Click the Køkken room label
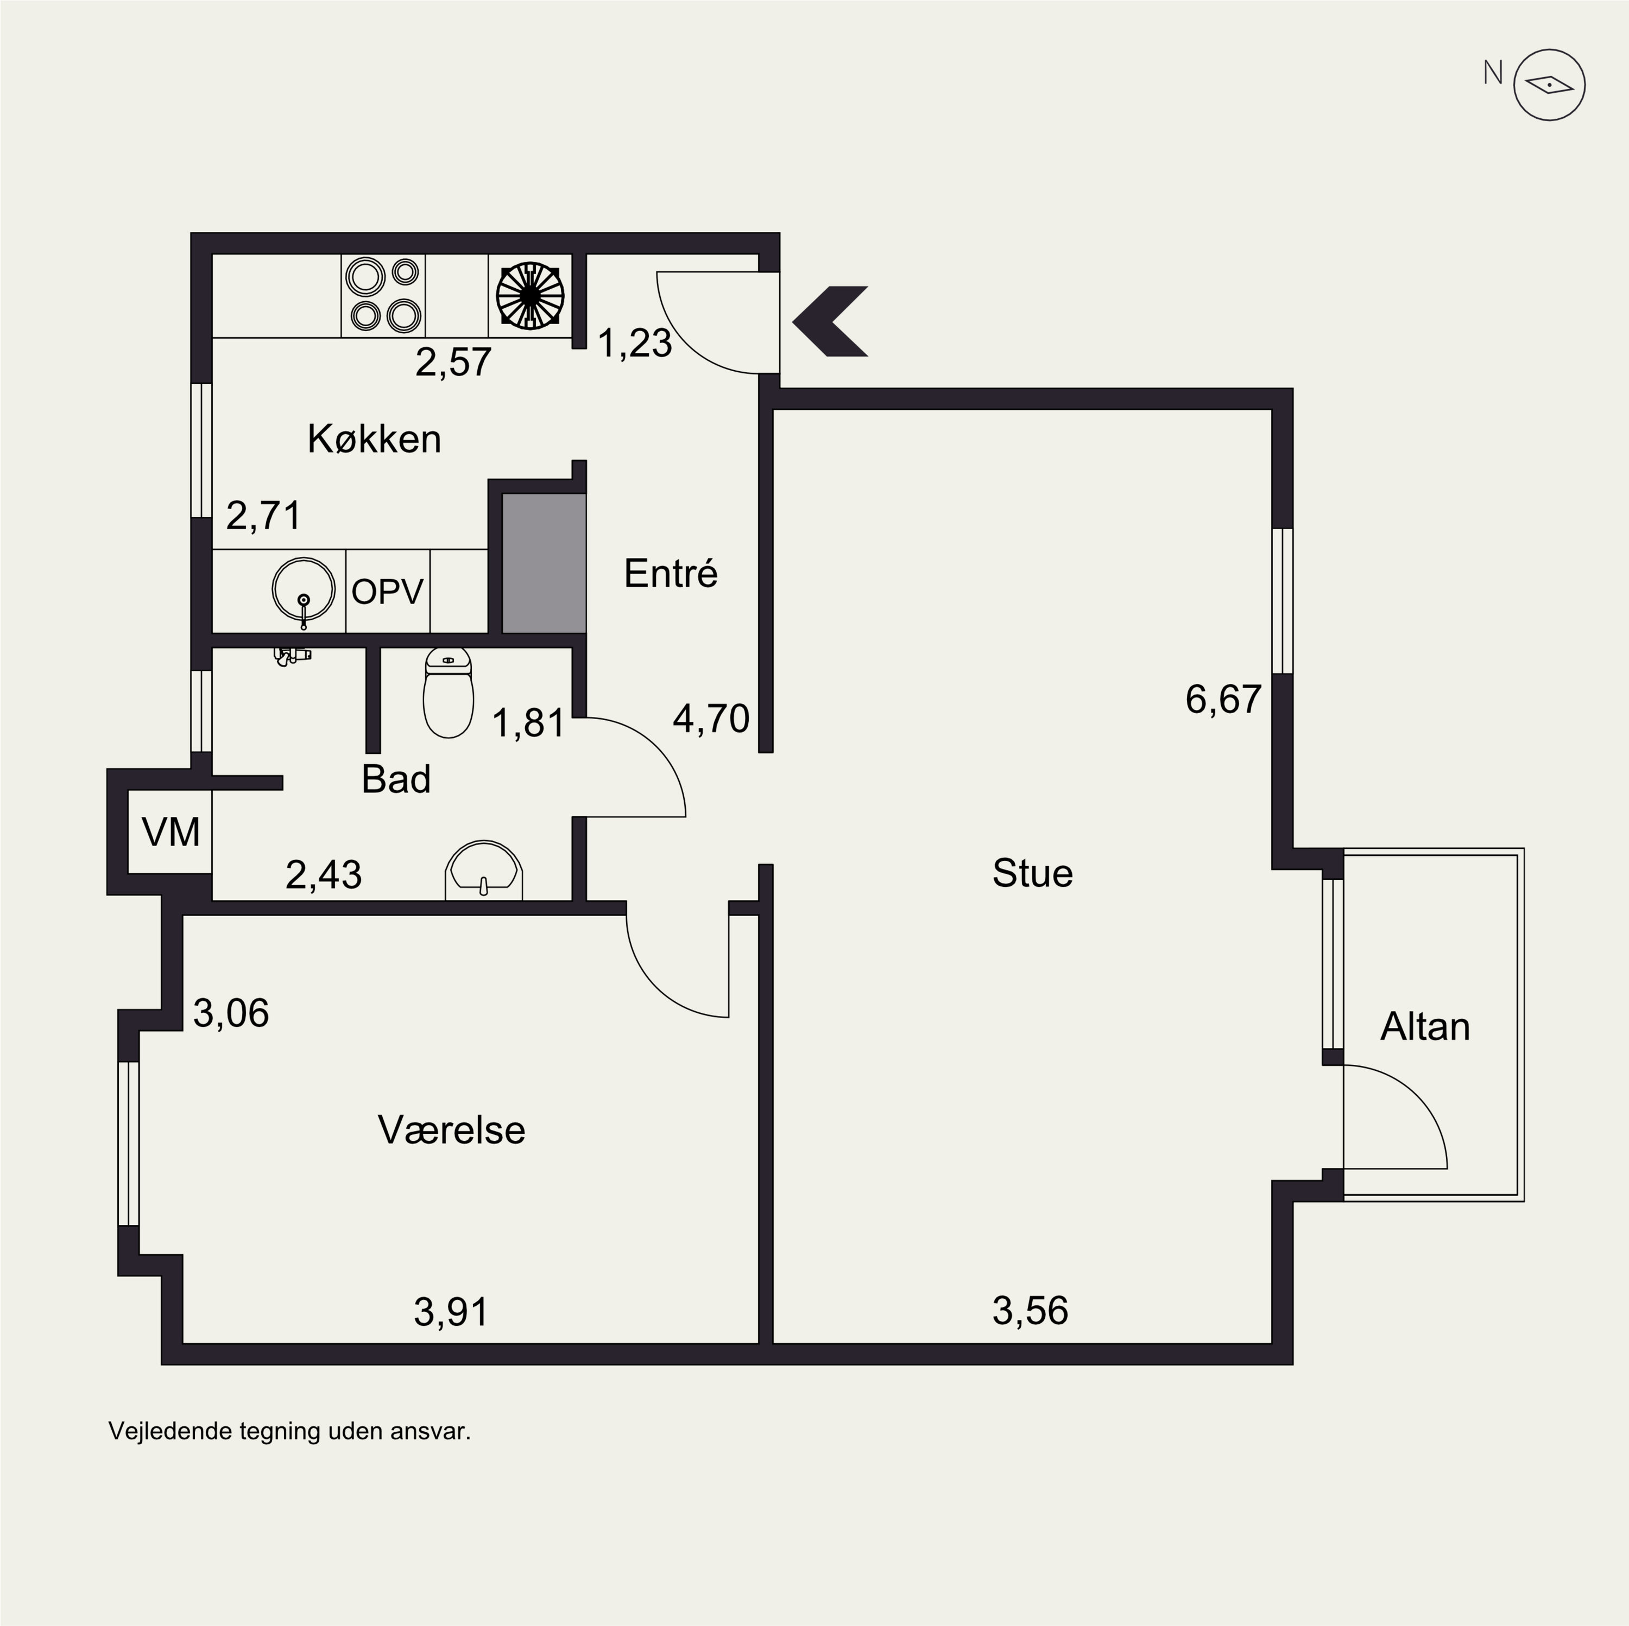click(374, 439)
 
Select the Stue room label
click(1032, 873)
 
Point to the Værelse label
click(451, 1129)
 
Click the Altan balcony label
click(1425, 1027)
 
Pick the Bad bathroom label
click(396, 780)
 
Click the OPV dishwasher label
click(387, 592)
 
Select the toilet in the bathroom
click(448, 694)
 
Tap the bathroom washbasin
click(483, 870)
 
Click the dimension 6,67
click(1223, 700)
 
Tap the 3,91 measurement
click(451, 1312)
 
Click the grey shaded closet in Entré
click(544, 563)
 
